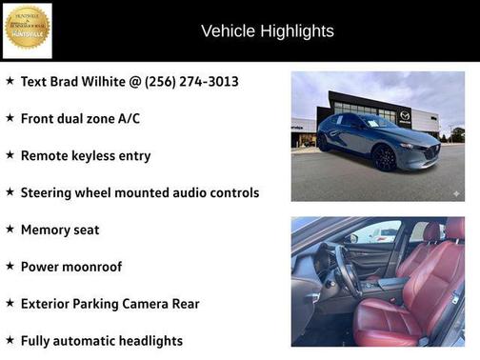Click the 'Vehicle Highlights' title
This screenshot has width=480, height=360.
[x=268, y=31]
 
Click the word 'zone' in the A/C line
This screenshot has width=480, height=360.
[x=121, y=119]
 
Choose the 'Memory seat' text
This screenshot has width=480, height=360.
[x=60, y=230]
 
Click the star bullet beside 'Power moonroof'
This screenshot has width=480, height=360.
[x=10, y=266]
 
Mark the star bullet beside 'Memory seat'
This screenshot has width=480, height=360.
[x=10, y=229]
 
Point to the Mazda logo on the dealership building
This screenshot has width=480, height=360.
[x=406, y=114]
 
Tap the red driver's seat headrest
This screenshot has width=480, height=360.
[x=431, y=231]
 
